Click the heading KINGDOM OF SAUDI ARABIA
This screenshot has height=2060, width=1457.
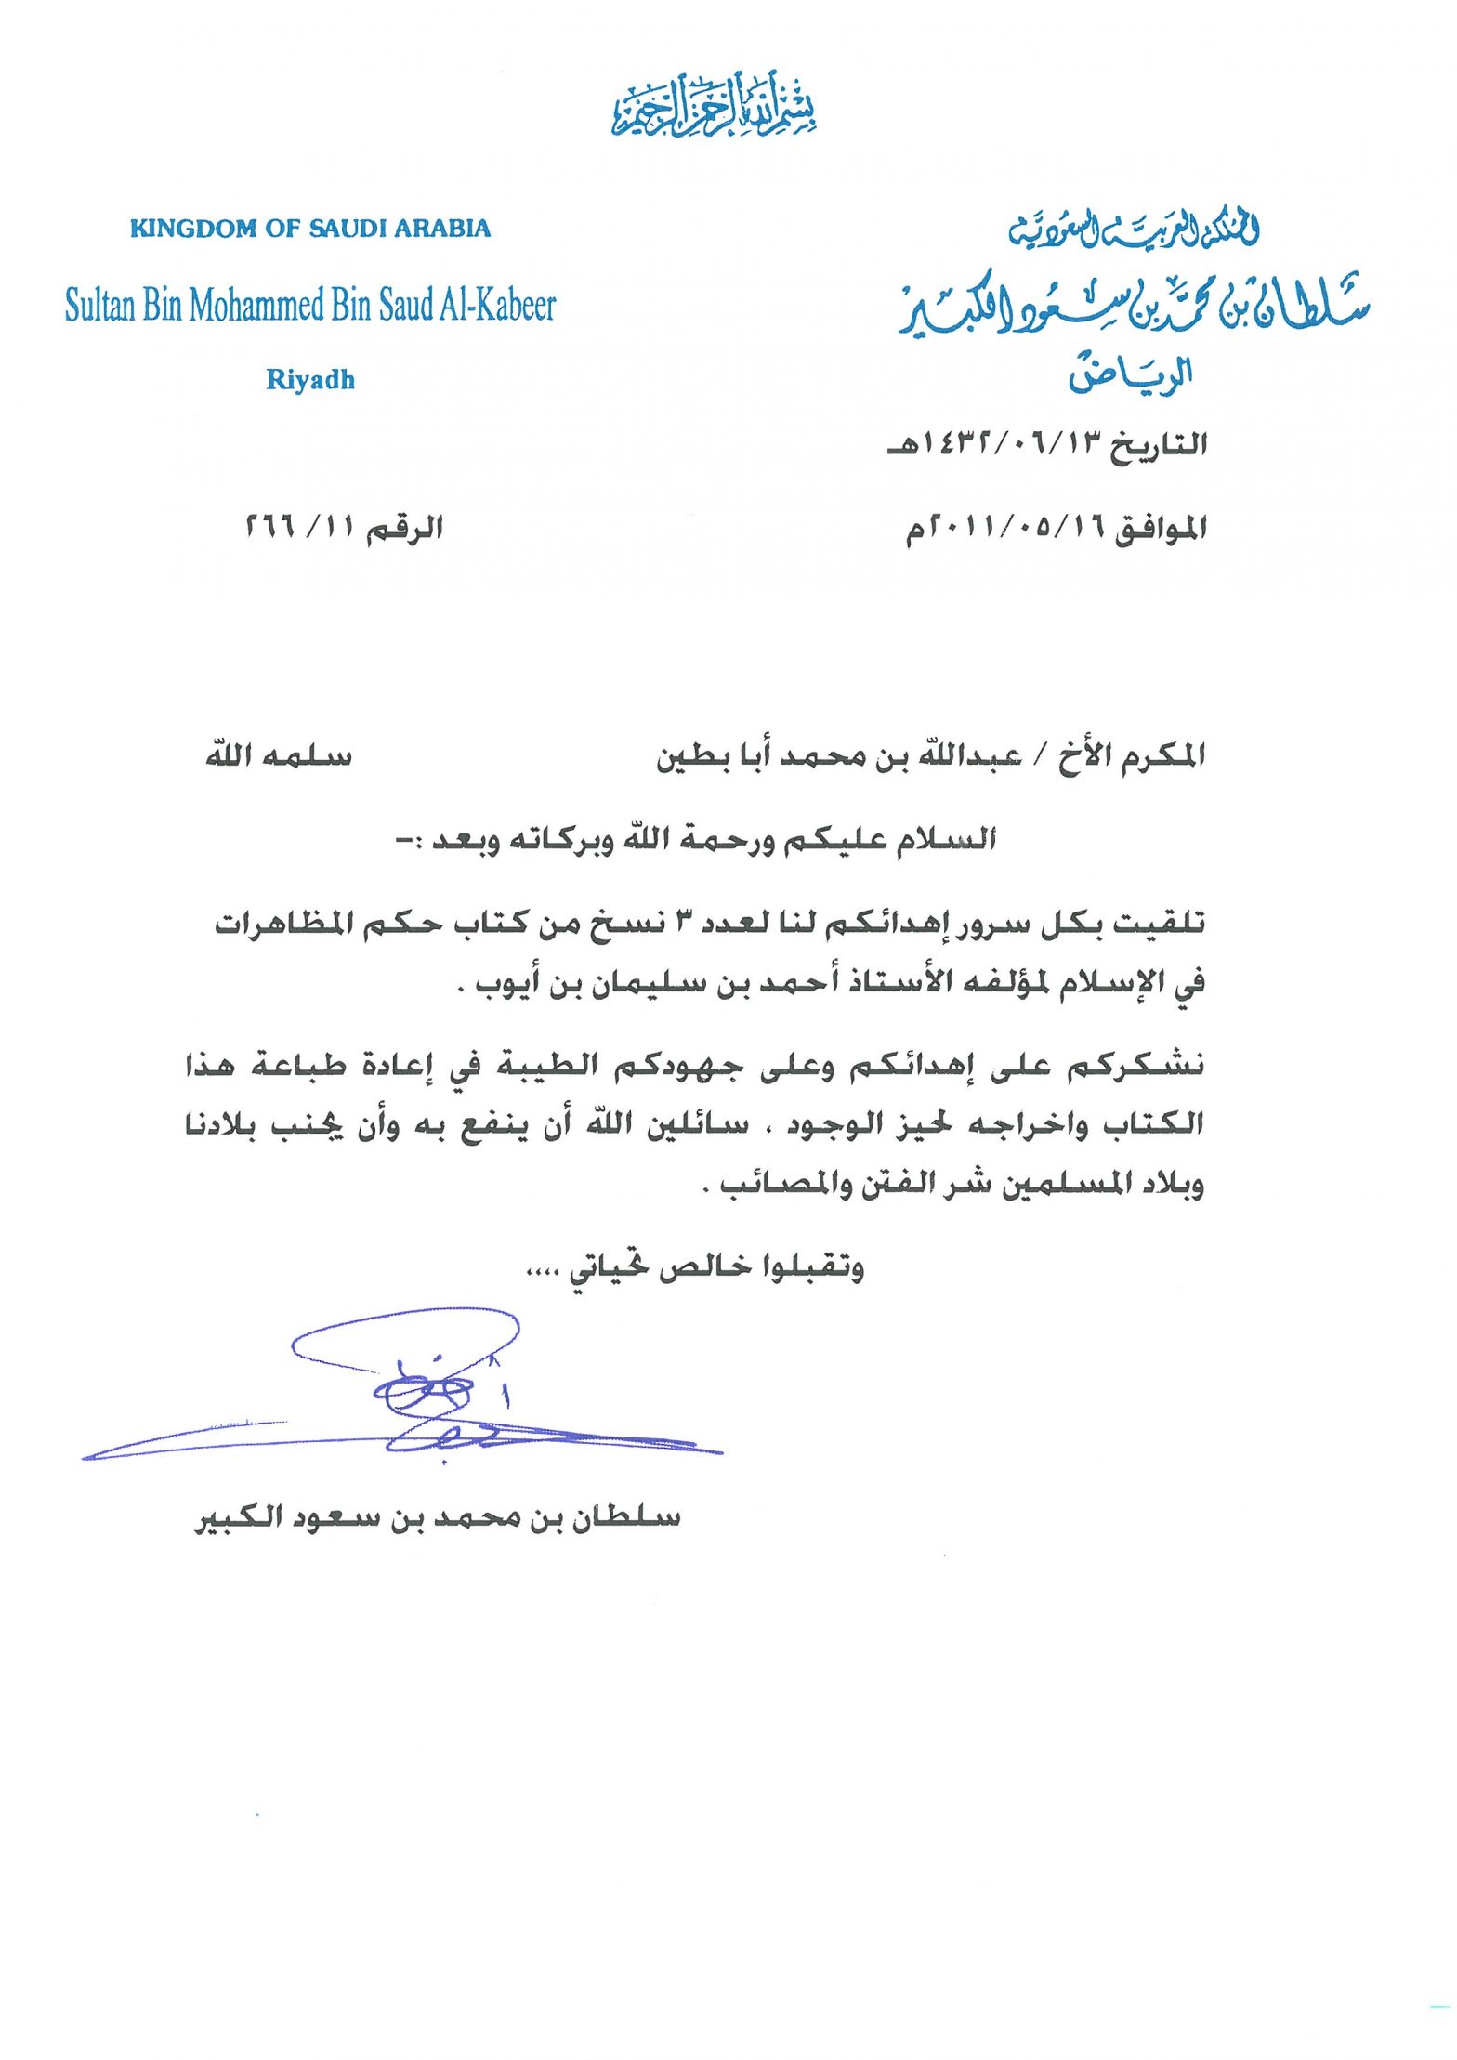(x=310, y=229)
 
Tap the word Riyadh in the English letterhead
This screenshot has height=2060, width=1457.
(x=310, y=379)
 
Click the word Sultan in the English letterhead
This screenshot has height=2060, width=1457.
(x=100, y=306)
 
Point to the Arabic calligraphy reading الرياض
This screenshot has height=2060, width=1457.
(x=1130, y=374)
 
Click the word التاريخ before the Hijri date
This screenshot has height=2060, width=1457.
(x=1159, y=443)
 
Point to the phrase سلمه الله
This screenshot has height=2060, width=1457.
(x=279, y=754)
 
